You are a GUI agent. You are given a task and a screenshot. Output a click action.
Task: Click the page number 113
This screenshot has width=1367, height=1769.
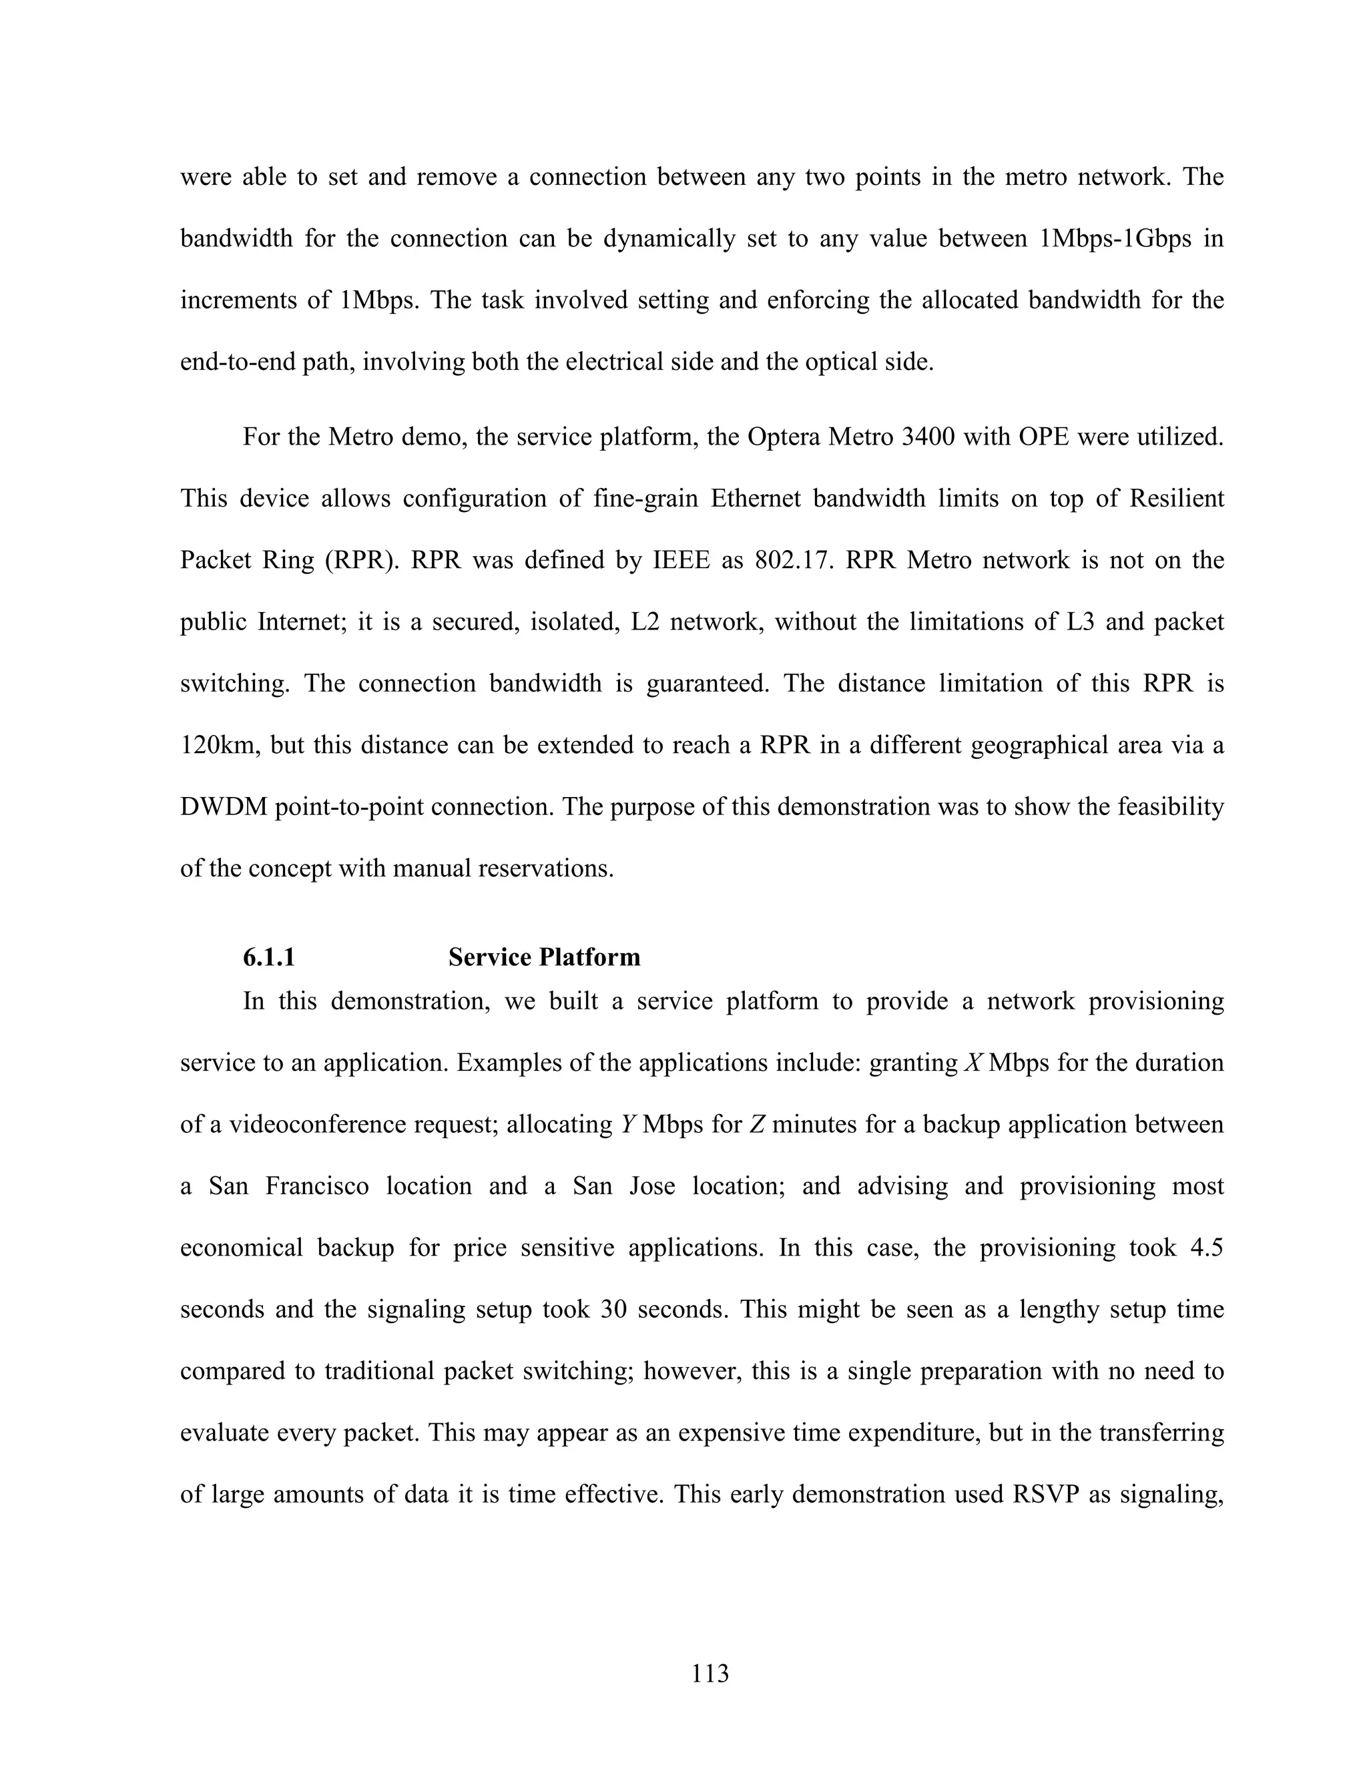(x=710, y=1673)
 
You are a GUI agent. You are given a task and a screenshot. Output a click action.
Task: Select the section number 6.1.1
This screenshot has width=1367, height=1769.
(x=269, y=957)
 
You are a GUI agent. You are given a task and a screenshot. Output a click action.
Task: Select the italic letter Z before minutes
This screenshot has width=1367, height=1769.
(x=757, y=1124)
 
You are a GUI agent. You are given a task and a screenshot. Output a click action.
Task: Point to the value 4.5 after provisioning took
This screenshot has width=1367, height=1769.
(x=1207, y=1248)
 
